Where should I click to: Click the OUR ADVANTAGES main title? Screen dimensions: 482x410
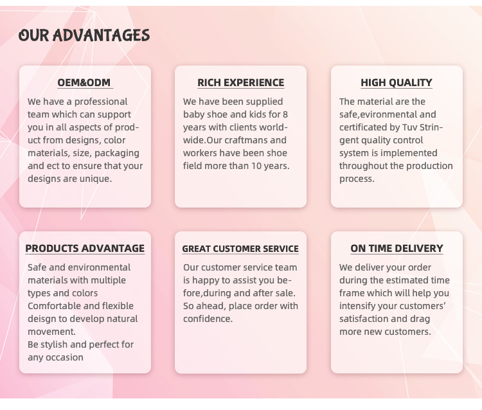click(84, 35)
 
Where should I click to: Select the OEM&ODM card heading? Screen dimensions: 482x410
click(84, 83)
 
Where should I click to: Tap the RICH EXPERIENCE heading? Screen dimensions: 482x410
click(241, 83)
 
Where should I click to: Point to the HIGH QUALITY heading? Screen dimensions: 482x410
click(397, 83)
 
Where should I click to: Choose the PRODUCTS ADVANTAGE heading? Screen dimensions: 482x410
click(85, 248)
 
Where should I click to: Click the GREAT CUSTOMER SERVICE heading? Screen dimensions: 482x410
click(240, 249)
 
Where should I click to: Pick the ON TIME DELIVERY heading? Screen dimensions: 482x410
click(397, 248)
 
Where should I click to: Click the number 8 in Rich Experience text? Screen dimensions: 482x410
click(285, 114)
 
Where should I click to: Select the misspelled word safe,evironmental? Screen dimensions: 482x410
click(378, 114)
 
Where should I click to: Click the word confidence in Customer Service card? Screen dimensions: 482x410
click(208, 319)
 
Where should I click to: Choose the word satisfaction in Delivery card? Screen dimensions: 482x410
click(361, 319)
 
